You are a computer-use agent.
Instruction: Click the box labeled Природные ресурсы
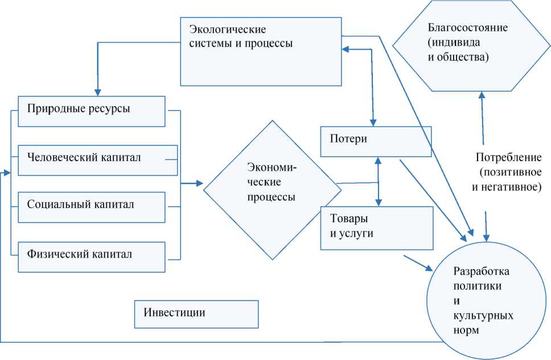tap(91, 111)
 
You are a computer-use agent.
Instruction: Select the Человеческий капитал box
tap(91, 159)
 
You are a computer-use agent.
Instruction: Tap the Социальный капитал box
tap(91, 207)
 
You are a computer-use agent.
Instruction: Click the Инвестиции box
tap(196, 313)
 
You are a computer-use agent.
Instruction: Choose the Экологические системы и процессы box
tap(262, 51)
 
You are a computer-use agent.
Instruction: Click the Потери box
tap(376, 141)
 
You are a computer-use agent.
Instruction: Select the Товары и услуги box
tap(376, 227)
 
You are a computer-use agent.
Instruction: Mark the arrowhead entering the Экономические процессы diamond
tap(199, 183)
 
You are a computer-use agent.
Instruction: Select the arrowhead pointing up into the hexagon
tap(481, 95)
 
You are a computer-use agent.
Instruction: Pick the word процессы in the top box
tap(265, 43)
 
